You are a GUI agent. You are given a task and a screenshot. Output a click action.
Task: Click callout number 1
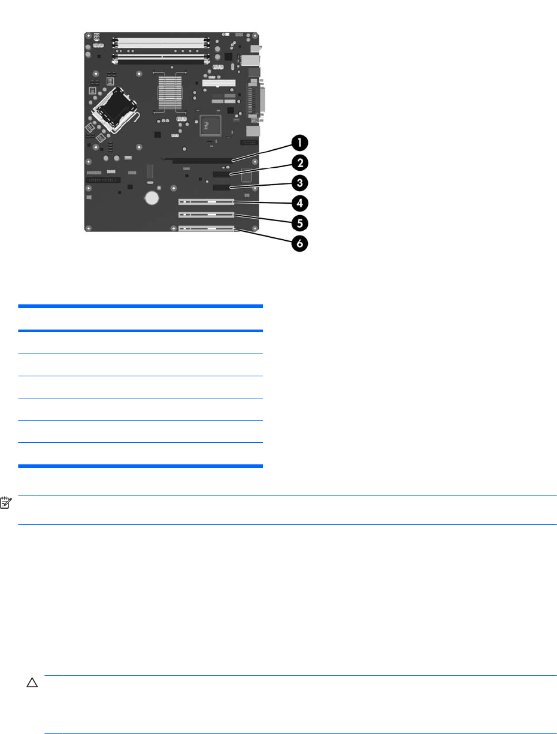pos(299,143)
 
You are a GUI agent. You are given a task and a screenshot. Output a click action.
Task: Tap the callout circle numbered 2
pos(299,162)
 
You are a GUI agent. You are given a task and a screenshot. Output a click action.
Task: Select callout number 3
pos(299,182)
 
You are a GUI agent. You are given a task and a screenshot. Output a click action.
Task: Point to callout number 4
pos(299,203)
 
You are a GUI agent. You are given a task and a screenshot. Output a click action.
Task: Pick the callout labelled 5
pos(299,223)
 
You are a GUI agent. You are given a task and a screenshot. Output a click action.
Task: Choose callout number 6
pos(299,244)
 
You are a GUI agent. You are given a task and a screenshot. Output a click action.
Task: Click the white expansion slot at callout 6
pos(206,228)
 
